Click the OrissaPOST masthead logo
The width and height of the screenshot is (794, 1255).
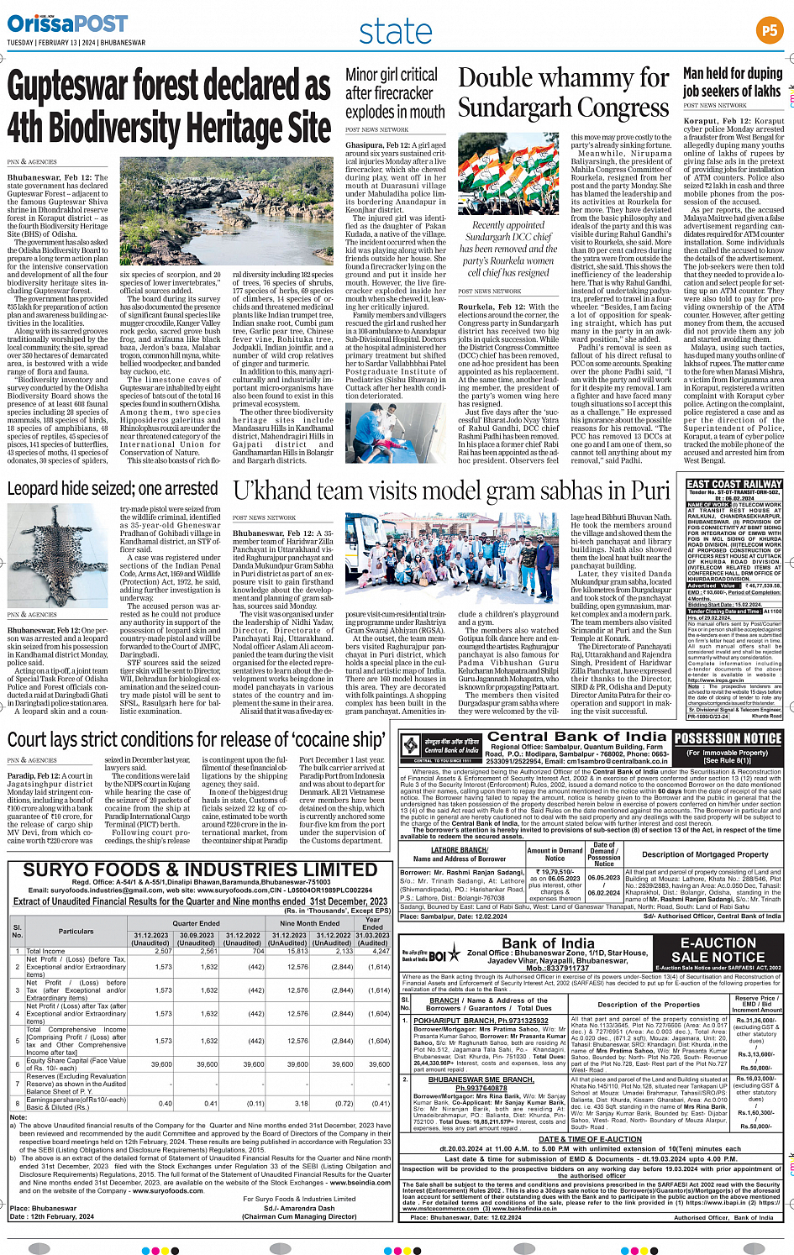(x=67, y=24)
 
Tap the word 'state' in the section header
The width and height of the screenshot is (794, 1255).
(x=395, y=31)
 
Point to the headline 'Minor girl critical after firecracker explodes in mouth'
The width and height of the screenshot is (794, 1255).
(x=395, y=93)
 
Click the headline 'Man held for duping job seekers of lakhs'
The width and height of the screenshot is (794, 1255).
(x=732, y=82)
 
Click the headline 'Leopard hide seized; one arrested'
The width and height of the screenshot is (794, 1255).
(x=113, y=488)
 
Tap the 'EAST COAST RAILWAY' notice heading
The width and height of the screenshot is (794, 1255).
(x=734, y=484)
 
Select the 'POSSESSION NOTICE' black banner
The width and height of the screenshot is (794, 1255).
(x=728, y=738)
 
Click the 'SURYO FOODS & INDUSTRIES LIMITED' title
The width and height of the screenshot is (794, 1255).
(x=199, y=869)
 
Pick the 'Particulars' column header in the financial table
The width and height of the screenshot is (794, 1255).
(x=76, y=931)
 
